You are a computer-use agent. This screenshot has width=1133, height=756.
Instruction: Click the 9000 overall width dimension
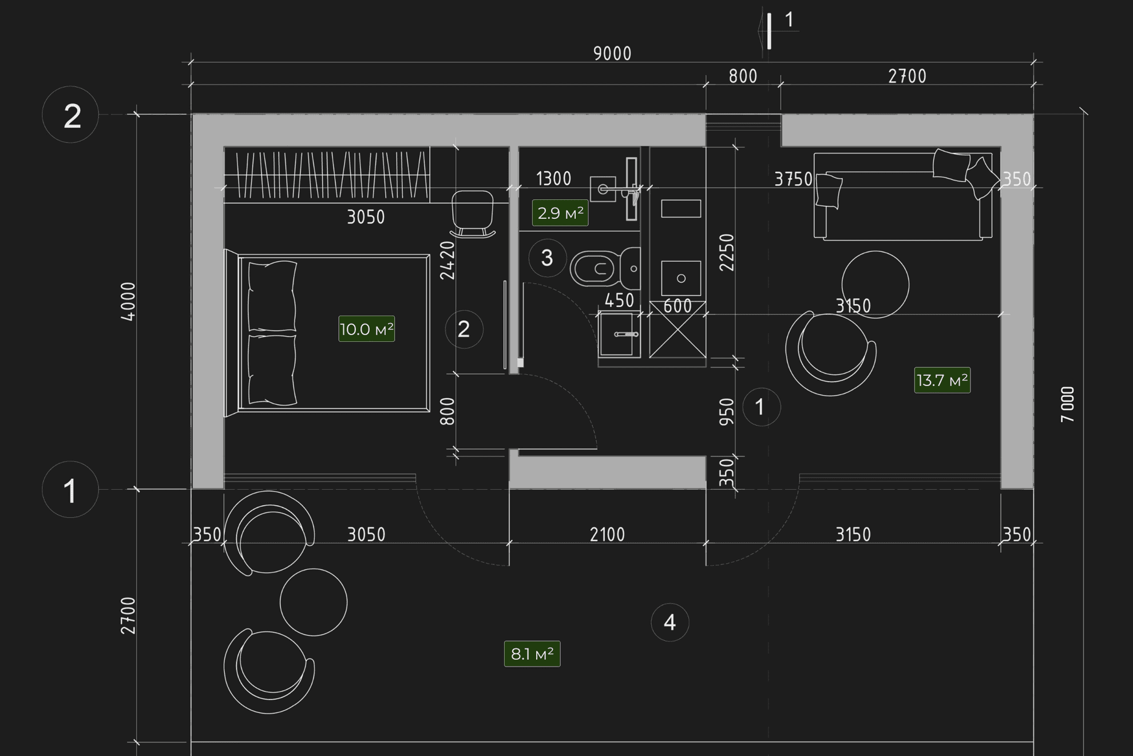612,54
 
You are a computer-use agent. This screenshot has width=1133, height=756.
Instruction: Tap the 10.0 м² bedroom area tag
367,329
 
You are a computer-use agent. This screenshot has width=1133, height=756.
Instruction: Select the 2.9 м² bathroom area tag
560,213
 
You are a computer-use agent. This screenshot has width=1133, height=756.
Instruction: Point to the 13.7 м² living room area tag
942,380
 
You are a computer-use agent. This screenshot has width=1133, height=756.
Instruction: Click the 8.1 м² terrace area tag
532,654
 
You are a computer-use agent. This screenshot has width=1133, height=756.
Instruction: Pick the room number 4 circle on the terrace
670,623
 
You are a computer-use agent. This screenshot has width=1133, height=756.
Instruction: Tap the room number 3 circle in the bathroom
547,258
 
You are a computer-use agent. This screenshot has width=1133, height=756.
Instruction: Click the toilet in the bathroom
605,268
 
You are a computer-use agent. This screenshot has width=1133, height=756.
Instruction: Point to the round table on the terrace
314,603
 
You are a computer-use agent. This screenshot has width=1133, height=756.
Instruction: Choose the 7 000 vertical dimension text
1068,404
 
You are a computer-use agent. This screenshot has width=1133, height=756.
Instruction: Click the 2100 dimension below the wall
608,535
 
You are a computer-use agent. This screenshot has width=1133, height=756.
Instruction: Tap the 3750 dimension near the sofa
793,180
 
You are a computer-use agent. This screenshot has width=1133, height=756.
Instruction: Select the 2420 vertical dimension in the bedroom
447,261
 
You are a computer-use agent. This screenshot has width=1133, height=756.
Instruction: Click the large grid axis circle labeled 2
70,115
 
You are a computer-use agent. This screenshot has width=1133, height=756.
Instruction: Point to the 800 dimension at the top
743,77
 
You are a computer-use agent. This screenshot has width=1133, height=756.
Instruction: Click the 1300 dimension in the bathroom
554,179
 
